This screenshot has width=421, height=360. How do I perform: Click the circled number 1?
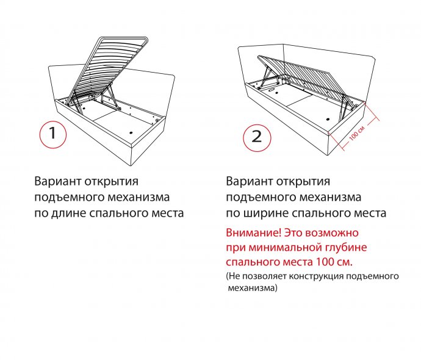[52, 134]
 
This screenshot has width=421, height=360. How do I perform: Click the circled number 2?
[257, 137]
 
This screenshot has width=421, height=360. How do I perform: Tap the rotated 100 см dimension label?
[357, 132]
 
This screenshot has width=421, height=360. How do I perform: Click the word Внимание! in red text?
[253, 232]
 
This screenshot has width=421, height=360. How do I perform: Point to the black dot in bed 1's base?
[131, 132]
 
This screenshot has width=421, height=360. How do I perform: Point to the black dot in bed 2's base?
[328, 119]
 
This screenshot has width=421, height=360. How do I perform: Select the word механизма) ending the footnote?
[253, 288]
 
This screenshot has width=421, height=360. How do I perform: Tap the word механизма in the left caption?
[139, 197]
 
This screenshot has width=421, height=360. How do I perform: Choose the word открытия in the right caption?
[303, 182]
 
